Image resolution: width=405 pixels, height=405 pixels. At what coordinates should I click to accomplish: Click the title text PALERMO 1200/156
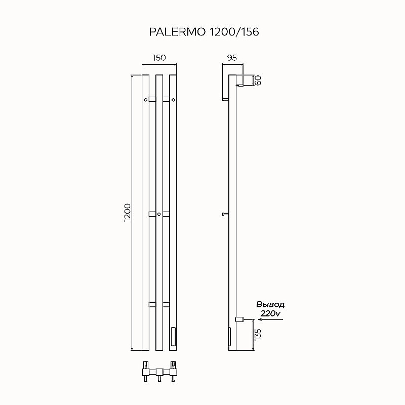[x=204, y=32]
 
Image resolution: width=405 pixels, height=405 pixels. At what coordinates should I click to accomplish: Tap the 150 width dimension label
[x=159, y=58]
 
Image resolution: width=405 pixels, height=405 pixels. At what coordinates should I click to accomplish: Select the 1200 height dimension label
[x=128, y=212]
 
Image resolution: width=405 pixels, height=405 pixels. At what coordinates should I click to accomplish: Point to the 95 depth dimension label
[x=232, y=58]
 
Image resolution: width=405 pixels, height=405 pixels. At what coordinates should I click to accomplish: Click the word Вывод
[x=270, y=305]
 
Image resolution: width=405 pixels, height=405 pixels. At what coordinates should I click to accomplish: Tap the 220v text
[x=270, y=313]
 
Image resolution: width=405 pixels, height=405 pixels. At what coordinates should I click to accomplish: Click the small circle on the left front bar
[x=145, y=100]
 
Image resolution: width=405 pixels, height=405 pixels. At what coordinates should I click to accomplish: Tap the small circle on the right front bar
[x=173, y=100]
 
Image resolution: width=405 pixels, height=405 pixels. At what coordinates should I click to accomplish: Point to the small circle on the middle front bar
[x=159, y=215]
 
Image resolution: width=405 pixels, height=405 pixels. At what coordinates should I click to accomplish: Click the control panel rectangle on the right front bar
[x=173, y=336]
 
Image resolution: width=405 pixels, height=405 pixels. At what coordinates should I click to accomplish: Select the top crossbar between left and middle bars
[x=152, y=99]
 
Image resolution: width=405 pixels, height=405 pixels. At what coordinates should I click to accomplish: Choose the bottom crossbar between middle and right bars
[x=166, y=304]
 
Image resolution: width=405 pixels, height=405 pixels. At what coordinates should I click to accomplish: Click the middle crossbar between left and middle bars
[x=152, y=214]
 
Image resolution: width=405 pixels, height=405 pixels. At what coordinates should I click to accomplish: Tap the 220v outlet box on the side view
[x=238, y=319]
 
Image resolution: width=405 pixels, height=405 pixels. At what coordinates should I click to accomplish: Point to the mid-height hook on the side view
[x=225, y=214]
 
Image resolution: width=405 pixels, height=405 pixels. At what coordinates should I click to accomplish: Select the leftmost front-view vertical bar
[x=145, y=213]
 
